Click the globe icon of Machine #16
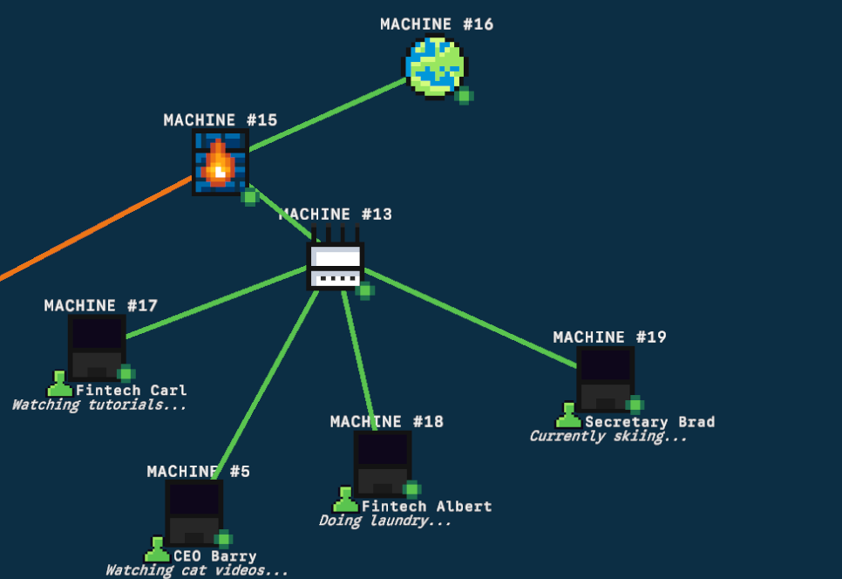[434, 65]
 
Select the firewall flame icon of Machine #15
[220, 162]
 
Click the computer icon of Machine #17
[96, 347]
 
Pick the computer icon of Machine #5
[194, 512]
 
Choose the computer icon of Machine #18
[382, 463]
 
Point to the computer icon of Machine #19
[605, 378]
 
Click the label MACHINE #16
[437, 24]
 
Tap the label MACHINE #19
[609, 337]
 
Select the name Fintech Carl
[132, 391]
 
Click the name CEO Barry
[214, 556]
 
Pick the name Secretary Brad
[649, 422]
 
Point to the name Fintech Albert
[426, 507]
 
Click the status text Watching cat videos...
[196, 570]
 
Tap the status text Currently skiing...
[608, 436]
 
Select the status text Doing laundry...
[384, 521]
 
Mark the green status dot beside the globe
[465, 96]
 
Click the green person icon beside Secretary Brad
[568, 417]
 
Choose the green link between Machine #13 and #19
[471, 318]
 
